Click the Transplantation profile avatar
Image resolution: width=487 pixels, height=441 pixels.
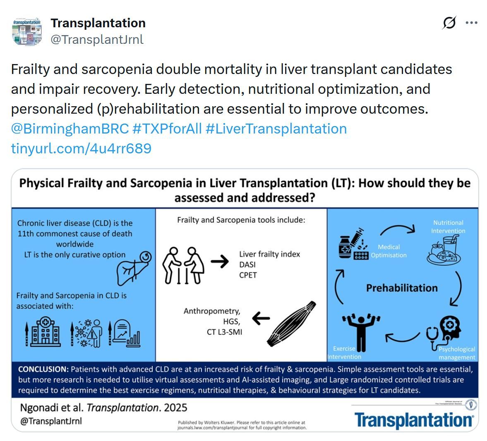(x=27, y=31)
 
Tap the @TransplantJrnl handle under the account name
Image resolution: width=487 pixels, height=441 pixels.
(x=97, y=39)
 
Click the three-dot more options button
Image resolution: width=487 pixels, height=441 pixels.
(x=471, y=23)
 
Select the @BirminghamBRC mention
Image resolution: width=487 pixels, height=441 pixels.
(x=70, y=129)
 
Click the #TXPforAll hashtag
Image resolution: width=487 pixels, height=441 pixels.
(x=167, y=129)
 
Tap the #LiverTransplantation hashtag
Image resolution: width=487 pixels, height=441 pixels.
(x=276, y=129)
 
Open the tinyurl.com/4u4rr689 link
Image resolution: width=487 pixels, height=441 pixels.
(x=81, y=148)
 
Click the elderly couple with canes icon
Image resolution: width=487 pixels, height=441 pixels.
(x=183, y=265)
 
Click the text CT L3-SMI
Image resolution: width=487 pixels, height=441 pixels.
(x=224, y=331)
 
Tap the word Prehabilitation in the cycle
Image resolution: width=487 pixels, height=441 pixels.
(x=401, y=288)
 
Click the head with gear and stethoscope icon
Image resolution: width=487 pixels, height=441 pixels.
(x=445, y=331)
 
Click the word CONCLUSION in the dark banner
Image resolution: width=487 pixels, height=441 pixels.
(x=43, y=369)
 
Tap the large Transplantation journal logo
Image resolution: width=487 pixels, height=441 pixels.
(x=413, y=420)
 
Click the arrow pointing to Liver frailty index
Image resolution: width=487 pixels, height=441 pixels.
(x=219, y=262)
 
